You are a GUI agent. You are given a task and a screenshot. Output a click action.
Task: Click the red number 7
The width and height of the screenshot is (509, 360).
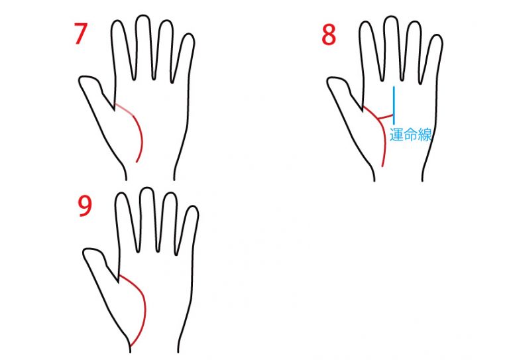point(80,33)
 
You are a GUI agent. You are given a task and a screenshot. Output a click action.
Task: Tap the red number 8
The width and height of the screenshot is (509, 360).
point(329,34)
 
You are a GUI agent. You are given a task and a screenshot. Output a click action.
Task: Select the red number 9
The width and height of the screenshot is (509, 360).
point(85,207)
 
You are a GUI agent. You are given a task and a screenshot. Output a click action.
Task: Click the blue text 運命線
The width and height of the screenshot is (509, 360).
point(410,135)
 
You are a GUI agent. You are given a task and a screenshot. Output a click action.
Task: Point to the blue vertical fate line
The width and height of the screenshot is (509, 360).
point(394,105)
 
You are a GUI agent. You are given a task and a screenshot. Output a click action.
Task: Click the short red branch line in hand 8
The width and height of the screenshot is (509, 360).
point(386,117)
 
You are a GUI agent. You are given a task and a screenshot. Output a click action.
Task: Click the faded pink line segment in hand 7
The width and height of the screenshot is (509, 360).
point(124,109)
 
